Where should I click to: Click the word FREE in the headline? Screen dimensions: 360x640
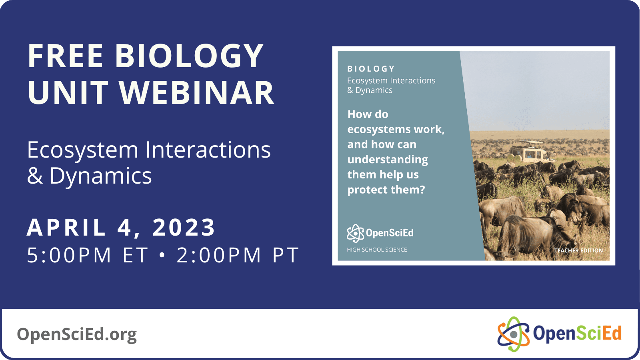point(66,56)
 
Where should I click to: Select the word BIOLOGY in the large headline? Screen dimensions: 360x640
point(189,56)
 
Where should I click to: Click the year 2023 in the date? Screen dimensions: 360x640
point(184,228)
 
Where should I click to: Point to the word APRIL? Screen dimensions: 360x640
point(66,228)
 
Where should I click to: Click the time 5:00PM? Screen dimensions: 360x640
point(69,255)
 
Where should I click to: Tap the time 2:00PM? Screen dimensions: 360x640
point(219,255)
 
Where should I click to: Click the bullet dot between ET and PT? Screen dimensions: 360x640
point(162,255)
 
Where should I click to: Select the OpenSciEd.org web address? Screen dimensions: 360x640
point(77,334)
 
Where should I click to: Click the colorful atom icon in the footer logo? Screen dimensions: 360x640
point(513,334)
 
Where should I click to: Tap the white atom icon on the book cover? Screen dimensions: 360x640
point(355,233)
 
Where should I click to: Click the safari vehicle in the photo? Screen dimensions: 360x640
point(528,152)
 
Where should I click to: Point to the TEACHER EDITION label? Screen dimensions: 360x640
point(578,250)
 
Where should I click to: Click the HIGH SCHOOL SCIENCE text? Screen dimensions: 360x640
point(377,250)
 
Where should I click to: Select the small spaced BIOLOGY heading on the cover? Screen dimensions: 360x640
point(371,69)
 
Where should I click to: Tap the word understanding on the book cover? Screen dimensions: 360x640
point(388,160)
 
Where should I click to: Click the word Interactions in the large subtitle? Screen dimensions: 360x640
point(208,150)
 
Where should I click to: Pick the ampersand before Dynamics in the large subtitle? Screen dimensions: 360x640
point(35,176)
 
